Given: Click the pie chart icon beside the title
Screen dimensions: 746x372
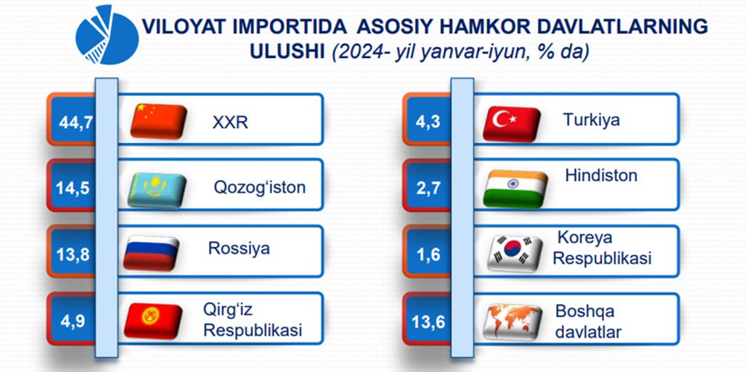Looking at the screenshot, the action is click(x=106, y=36).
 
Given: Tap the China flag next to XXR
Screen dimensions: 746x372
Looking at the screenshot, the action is click(x=158, y=121).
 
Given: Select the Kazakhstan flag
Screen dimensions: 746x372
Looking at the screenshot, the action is click(x=157, y=190).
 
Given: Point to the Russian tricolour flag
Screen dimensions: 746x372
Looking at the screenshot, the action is click(x=151, y=253).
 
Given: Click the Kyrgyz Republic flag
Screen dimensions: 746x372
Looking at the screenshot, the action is click(x=152, y=321).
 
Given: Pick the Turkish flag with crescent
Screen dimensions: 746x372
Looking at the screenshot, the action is click(x=512, y=124).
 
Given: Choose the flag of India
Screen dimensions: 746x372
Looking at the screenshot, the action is click(x=515, y=189).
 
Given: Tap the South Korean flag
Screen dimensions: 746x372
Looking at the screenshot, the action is click(x=515, y=254).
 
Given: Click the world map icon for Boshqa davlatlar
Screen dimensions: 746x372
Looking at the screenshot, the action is click(x=512, y=323).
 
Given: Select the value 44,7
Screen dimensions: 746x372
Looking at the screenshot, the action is click(x=74, y=124).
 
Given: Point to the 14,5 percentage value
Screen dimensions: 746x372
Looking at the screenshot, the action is click(x=72, y=188).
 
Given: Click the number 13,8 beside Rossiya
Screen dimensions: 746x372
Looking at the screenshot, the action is click(x=72, y=255).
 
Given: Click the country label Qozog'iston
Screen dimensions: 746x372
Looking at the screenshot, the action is click(x=260, y=187).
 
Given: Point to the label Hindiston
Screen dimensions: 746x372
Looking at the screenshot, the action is click(x=601, y=175).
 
